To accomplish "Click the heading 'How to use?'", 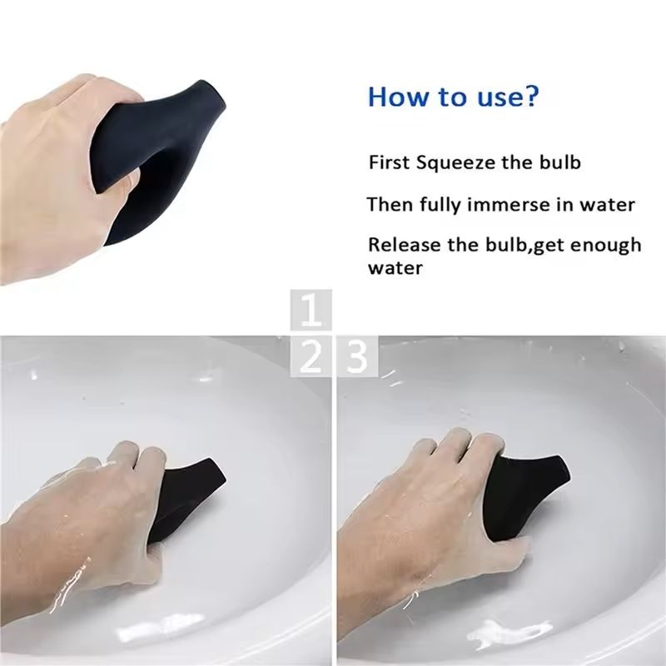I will (x=454, y=96).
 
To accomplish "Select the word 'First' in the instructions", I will (x=389, y=162).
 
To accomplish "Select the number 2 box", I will (x=311, y=356).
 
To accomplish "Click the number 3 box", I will (x=356, y=356).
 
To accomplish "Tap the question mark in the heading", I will (x=530, y=96).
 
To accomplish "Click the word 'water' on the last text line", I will (x=395, y=268).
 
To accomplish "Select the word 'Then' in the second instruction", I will (x=388, y=204).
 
